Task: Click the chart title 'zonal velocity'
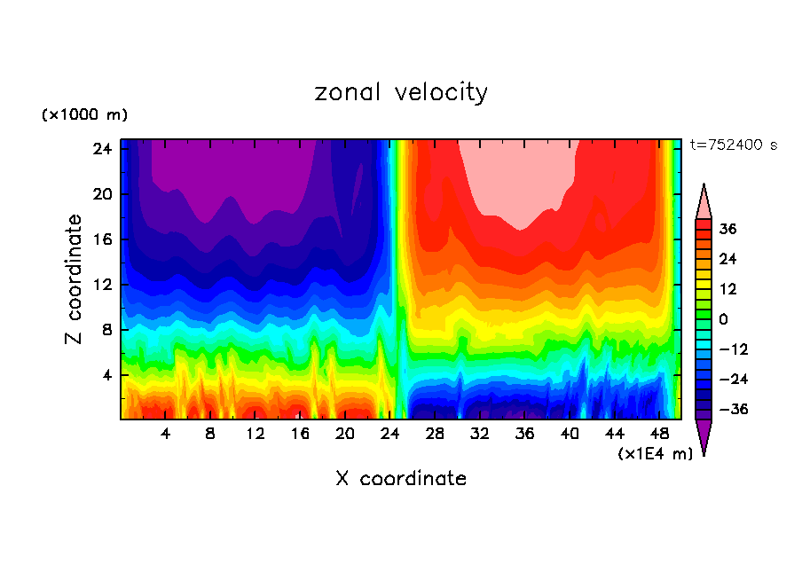[401, 92]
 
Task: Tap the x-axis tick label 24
[389, 434]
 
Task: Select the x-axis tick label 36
[524, 434]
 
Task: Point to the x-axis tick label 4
[165, 434]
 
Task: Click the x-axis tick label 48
[659, 434]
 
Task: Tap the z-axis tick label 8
[104, 330]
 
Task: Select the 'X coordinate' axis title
[401, 479]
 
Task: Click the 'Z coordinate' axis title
[75, 279]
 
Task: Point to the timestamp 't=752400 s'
[733, 145]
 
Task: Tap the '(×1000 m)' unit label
[84, 115]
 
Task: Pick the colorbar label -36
[734, 410]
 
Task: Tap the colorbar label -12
[734, 349]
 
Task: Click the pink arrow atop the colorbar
[704, 202]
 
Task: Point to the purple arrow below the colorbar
[704, 436]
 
